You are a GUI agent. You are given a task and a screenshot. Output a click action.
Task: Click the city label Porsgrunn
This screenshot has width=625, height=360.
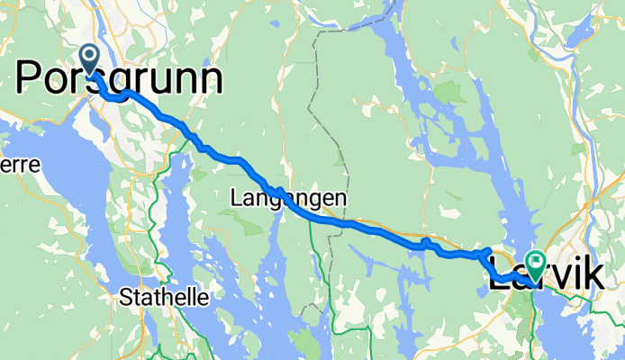119,79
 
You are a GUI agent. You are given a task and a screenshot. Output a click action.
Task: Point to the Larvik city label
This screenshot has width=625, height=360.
545,275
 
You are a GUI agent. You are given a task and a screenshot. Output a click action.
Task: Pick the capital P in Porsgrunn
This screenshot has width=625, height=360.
32,78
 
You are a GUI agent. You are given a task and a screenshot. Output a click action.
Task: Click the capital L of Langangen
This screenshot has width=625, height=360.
235,195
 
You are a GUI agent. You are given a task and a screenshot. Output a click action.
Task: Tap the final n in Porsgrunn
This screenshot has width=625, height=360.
209,79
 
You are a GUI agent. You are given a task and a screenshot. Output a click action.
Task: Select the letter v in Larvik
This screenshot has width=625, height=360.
556,277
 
